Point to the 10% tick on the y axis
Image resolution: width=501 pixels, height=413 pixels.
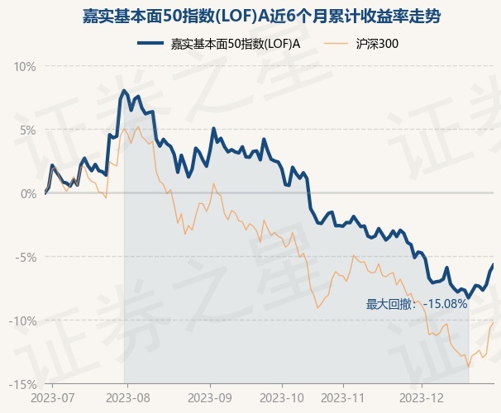coord(26,66)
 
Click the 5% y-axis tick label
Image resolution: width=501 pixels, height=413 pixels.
coord(28,130)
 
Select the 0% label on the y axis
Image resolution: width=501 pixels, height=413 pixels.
coord(28,193)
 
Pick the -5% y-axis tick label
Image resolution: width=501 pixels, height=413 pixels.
coord(26,257)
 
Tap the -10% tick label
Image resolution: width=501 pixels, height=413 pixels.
coord(23,320)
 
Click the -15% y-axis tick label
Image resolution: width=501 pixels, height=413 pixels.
coord(23,384)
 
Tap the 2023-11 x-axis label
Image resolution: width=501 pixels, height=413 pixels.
coord(351,398)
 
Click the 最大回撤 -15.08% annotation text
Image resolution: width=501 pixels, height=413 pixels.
coord(417,304)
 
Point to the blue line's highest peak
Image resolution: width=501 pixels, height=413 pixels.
coord(124,90)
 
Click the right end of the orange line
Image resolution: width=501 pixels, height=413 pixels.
coord(494,321)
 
